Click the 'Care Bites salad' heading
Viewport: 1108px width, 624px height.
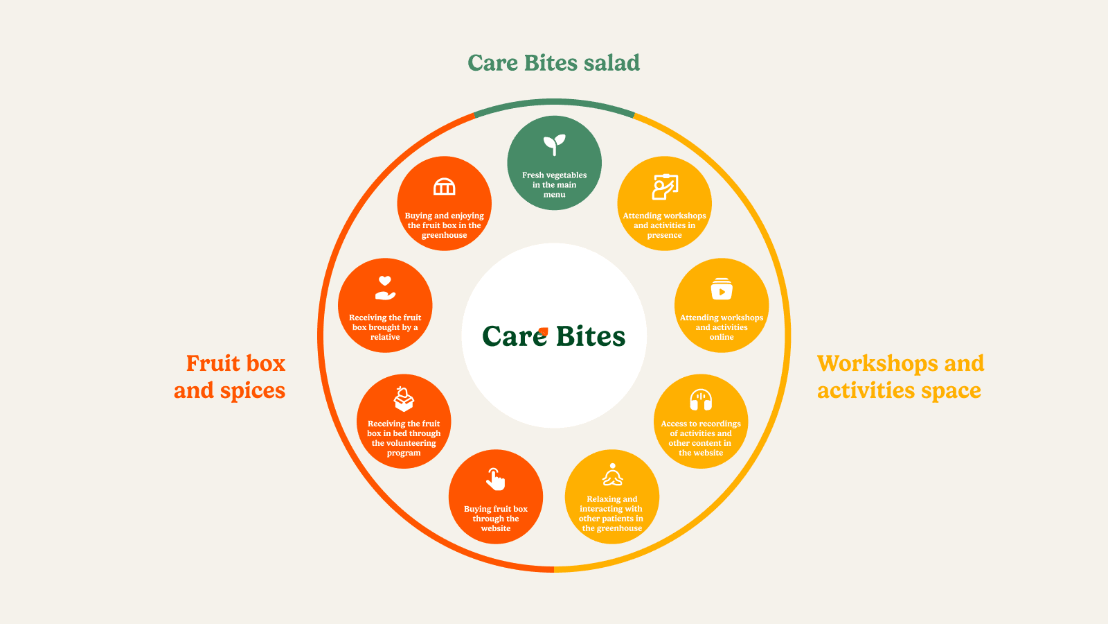click(553, 63)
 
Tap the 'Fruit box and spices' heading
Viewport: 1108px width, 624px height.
click(231, 377)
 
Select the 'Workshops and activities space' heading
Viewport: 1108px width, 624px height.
click(900, 377)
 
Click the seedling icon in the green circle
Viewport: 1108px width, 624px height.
click(554, 145)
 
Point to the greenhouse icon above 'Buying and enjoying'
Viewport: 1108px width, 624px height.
click(444, 187)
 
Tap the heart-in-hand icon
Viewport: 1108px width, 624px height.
click(385, 288)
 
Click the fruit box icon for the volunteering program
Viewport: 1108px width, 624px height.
click(404, 399)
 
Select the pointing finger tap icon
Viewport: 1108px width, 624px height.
click(495, 479)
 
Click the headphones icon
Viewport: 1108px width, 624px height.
click(701, 400)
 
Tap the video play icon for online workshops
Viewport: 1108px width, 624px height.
click(722, 289)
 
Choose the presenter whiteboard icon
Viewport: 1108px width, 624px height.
click(665, 187)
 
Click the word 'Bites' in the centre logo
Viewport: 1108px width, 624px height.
click(590, 337)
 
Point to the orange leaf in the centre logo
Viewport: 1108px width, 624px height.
click(543, 331)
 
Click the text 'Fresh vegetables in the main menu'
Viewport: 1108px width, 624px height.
click(554, 185)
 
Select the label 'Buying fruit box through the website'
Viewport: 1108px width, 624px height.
click(496, 519)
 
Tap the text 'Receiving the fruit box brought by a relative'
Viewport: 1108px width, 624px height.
click(385, 327)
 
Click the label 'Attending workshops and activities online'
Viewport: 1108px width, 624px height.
click(722, 327)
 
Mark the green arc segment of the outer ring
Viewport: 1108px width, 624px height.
click(554, 103)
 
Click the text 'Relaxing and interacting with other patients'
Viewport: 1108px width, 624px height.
click(611, 514)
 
